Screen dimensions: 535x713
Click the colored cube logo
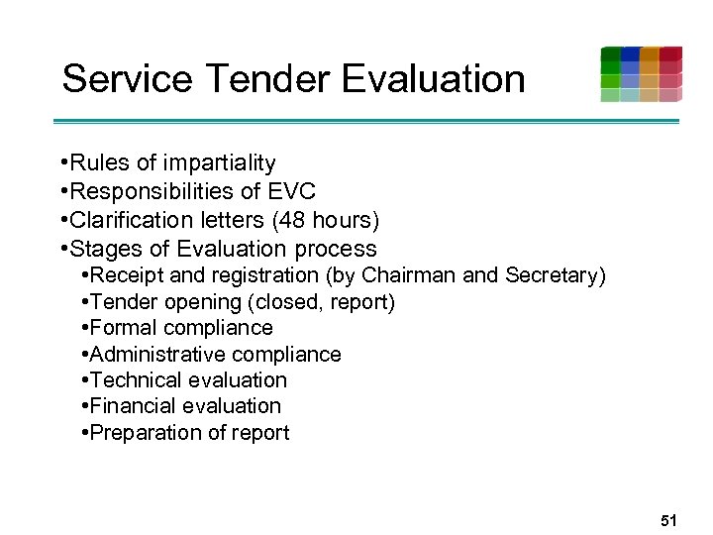point(641,74)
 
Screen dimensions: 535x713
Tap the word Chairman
point(407,275)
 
